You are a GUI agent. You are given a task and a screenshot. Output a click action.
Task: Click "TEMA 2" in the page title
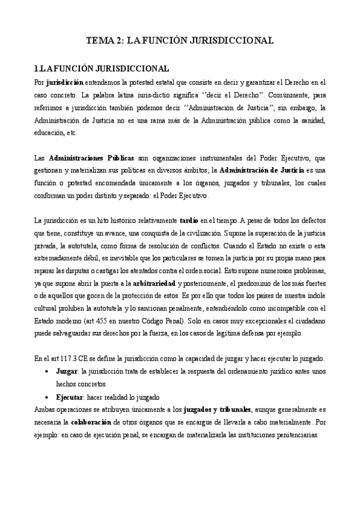click(x=104, y=41)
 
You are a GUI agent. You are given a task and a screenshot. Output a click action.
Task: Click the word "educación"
click(x=49, y=133)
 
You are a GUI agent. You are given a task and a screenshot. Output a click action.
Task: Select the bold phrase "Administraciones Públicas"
click(x=91, y=159)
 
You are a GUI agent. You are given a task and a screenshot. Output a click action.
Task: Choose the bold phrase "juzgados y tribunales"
click(x=217, y=410)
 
